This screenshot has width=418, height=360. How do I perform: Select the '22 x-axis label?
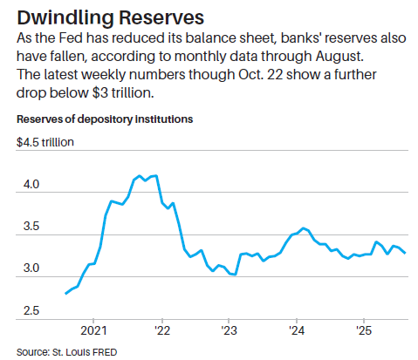[162, 332]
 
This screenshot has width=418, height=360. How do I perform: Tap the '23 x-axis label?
[229, 332]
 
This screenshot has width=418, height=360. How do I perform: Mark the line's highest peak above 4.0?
[155, 175]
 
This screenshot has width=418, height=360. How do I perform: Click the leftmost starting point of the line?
[66, 294]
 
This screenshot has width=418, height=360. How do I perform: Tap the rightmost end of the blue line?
[406, 253]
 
